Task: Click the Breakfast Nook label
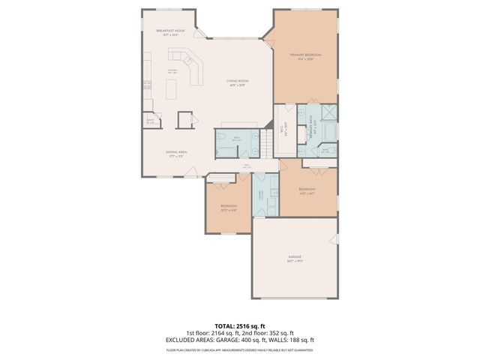[x=171, y=31]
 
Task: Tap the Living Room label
[x=238, y=82]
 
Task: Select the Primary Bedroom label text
[x=305, y=56]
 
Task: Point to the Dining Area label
[x=176, y=152]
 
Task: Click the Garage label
[x=295, y=257]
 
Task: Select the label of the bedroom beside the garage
[x=307, y=190]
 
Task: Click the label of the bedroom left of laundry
[x=229, y=206]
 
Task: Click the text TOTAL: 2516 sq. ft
[x=240, y=327]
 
